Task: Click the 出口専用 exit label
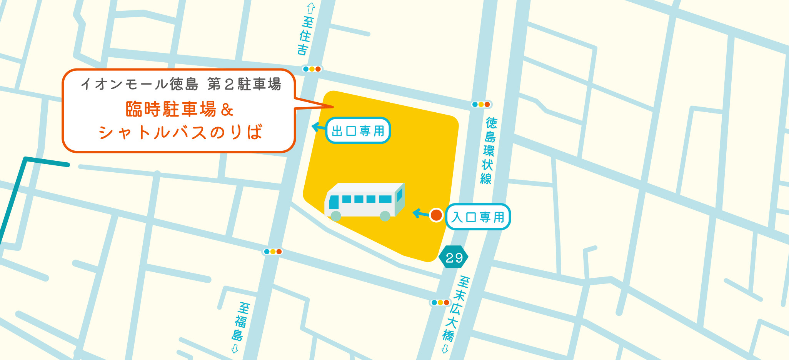tap(358, 131)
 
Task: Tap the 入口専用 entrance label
tap(478, 217)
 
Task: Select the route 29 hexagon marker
tap(454, 257)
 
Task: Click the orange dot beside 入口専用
tap(436, 215)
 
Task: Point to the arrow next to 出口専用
tap(318, 127)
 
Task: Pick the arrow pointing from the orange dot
tap(420, 213)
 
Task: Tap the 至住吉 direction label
tap(305, 36)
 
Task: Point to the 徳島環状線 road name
tap(488, 151)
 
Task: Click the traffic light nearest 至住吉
tap(312, 69)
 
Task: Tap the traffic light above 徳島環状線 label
tap(481, 104)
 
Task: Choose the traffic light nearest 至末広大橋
tap(440, 302)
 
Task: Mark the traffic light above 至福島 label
tap(273, 252)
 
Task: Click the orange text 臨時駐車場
tap(171, 109)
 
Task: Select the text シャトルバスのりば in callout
tap(180, 132)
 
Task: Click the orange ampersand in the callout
tap(227, 110)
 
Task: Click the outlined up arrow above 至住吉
tap(311, 8)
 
